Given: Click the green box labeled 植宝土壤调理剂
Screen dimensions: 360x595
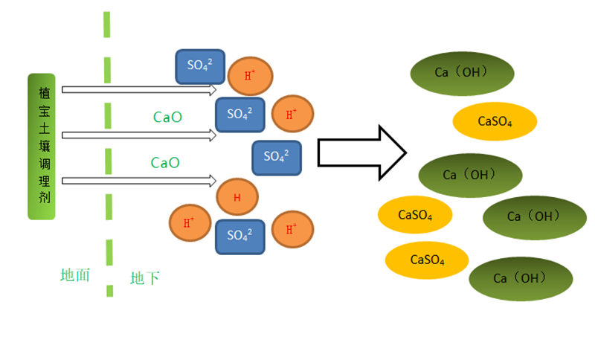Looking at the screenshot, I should point(42,147).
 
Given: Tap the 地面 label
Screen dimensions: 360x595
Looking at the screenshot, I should point(75,274).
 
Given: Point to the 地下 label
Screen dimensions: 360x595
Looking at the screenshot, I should point(144,278).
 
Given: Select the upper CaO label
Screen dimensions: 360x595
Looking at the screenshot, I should point(167,117).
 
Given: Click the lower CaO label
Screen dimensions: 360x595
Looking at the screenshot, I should point(165,162).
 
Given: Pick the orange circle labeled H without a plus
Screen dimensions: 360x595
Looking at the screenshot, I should point(237,197).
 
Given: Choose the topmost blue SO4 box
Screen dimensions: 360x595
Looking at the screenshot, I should point(200,66).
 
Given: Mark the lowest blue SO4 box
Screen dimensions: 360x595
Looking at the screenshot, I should point(240,236).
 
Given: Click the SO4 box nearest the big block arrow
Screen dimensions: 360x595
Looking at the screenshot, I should point(277,157).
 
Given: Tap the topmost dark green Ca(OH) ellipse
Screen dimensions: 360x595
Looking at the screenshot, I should point(463,73).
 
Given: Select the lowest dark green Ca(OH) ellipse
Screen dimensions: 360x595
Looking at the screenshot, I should point(521,278).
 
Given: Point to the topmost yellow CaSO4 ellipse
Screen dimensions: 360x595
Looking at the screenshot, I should point(495,121).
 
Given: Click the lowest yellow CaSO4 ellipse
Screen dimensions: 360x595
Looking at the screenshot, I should point(427,260).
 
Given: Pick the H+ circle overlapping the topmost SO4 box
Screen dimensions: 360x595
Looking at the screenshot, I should point(250,75).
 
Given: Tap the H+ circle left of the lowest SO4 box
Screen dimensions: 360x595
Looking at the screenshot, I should point(190,222).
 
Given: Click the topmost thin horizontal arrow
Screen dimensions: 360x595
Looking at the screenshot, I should point(139,90).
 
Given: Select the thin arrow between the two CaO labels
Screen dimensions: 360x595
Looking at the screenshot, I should point(139,135).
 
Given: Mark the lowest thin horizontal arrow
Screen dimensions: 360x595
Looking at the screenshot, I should point(139,181).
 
